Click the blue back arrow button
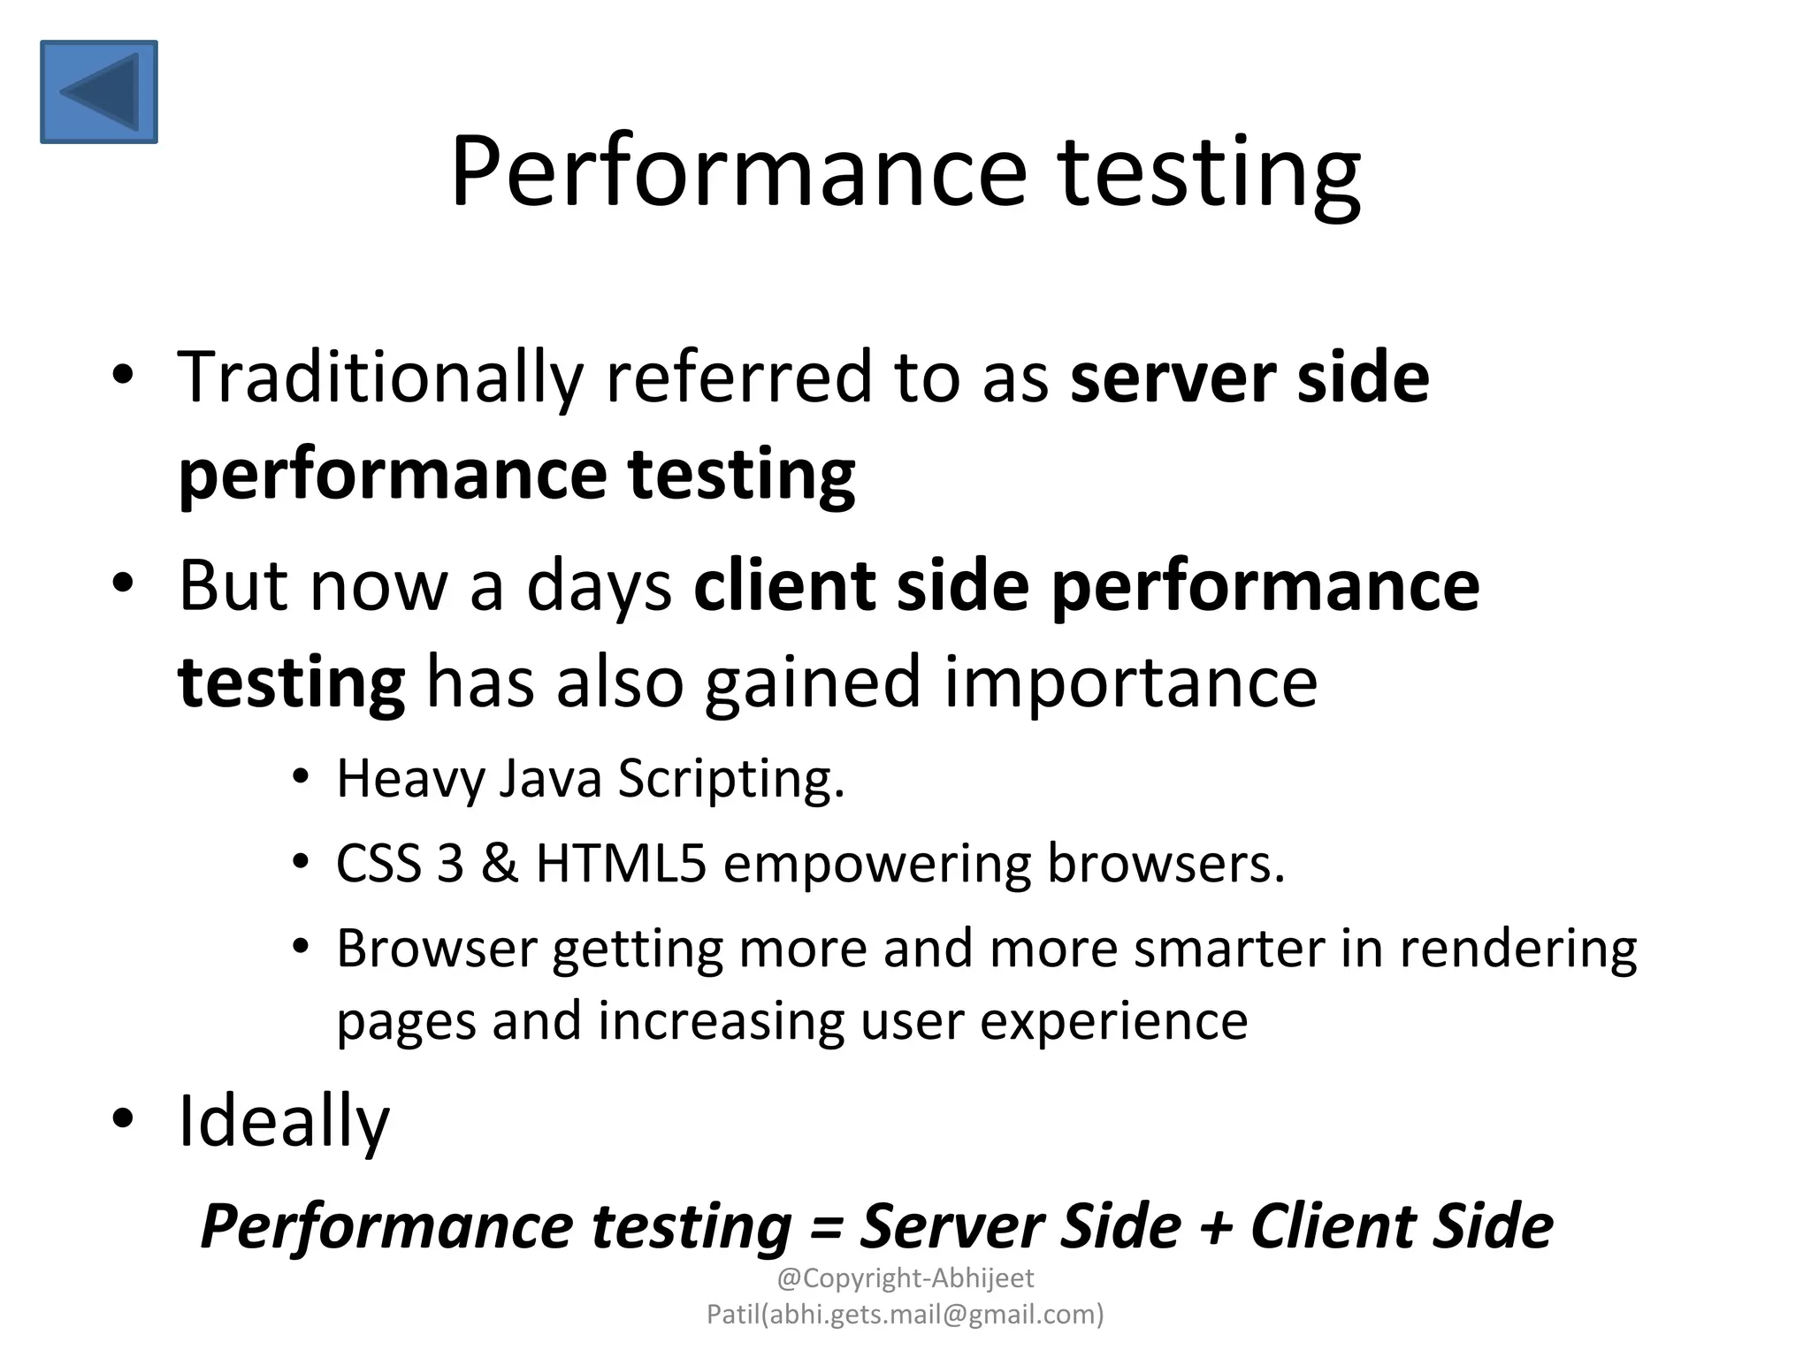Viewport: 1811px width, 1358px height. coord(99,92)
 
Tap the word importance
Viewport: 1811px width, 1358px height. coord(1131,683)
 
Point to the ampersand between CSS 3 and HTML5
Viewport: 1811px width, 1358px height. coord(499,864)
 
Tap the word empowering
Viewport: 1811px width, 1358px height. coord(876,864)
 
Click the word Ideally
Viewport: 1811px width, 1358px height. coord(284,1122)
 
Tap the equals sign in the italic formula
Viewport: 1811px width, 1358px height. coord(825,1227)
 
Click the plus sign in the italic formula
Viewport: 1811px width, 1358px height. coord(1215,1227)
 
